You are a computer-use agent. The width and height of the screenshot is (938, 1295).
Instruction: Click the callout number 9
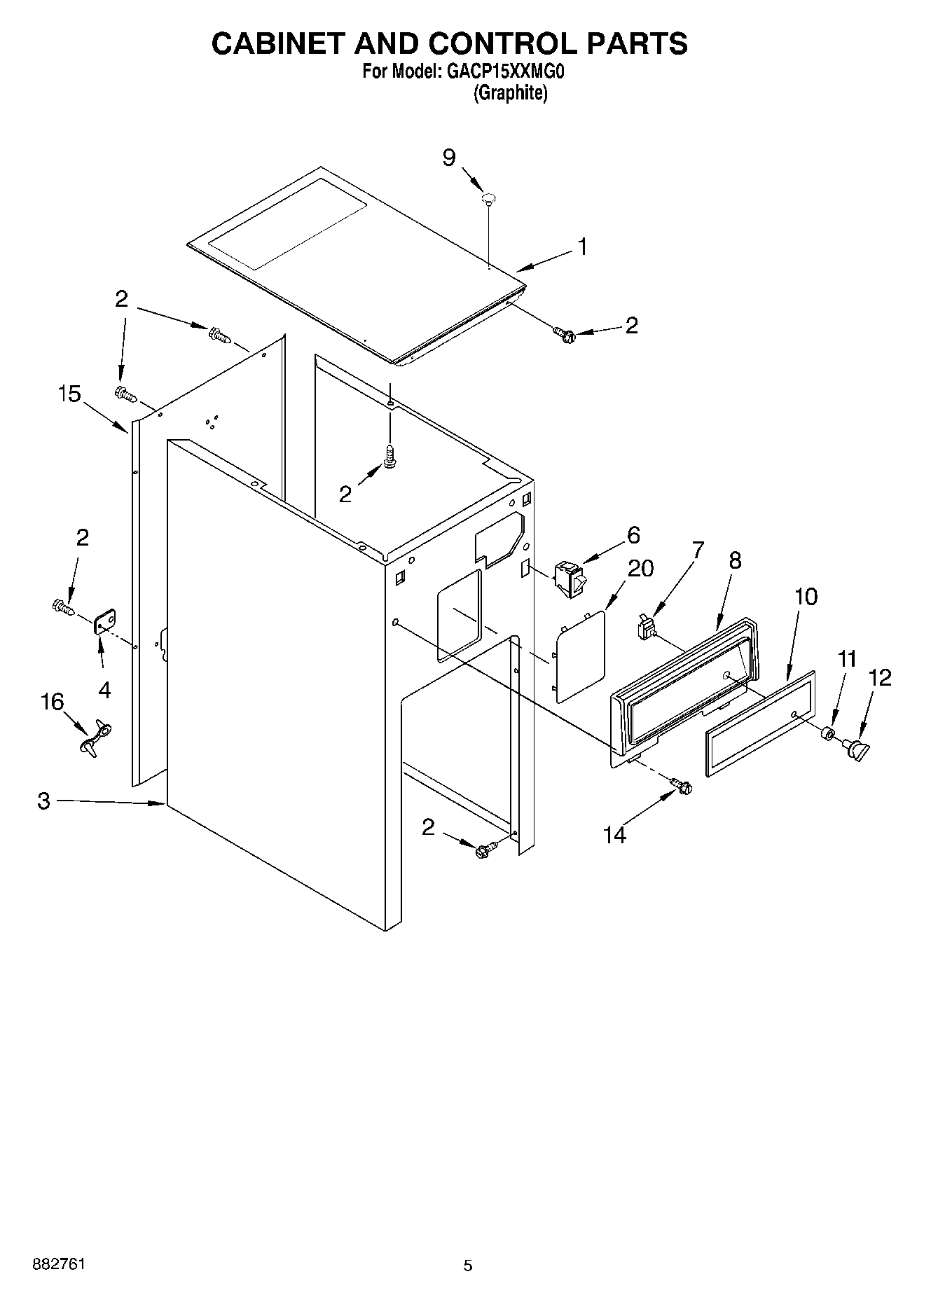click(x=448, y=158)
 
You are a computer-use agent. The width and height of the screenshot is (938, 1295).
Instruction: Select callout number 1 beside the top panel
click(x=582, y=247)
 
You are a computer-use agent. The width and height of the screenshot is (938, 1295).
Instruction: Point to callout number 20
click(x=640, y=568)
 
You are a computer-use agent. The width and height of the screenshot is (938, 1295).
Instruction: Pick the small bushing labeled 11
click(x=827, y=733)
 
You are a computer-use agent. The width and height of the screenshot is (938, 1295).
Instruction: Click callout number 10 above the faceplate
click(x=806, y=597)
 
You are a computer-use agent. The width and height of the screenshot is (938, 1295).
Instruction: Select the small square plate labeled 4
click(x=105, y=621)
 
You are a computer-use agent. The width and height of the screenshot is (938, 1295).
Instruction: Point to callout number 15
click(x=69, y=394)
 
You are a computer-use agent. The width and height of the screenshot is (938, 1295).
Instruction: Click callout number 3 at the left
click(x=44, y=801)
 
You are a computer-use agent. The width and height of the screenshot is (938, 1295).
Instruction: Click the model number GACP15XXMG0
click(x=504, y=71)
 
